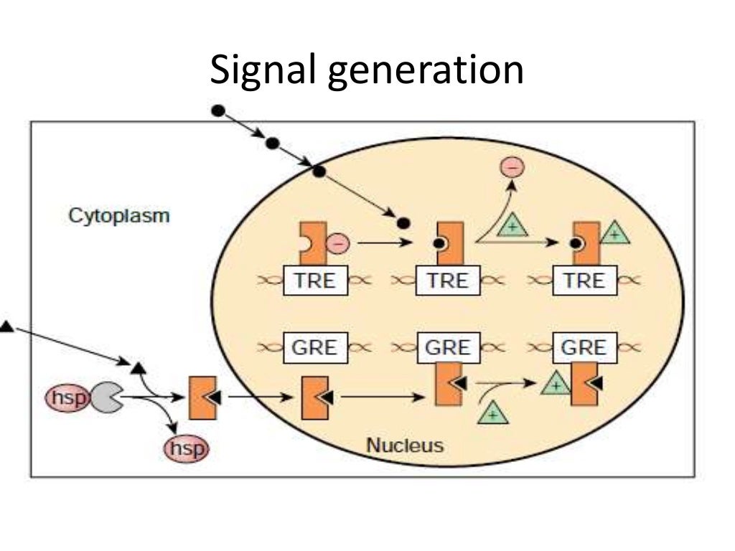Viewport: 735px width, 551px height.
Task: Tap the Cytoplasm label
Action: (119, 215)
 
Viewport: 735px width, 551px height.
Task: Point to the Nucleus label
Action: (405, 445)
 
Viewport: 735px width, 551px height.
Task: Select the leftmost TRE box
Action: (315, 281)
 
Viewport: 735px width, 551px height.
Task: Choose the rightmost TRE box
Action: (584, 281)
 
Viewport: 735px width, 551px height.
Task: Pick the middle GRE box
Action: (448, 348)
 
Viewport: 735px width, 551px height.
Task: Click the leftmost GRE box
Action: (314, 348)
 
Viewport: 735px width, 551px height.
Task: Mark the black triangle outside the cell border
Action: (6, 327)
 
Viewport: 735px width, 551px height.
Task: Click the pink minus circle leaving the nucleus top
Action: (512, 168)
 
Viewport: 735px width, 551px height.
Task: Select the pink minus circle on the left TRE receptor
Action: (337, 244)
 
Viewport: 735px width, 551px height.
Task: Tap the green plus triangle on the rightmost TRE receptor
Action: (614, 234)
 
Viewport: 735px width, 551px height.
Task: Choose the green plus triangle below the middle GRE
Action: (492, 413)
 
